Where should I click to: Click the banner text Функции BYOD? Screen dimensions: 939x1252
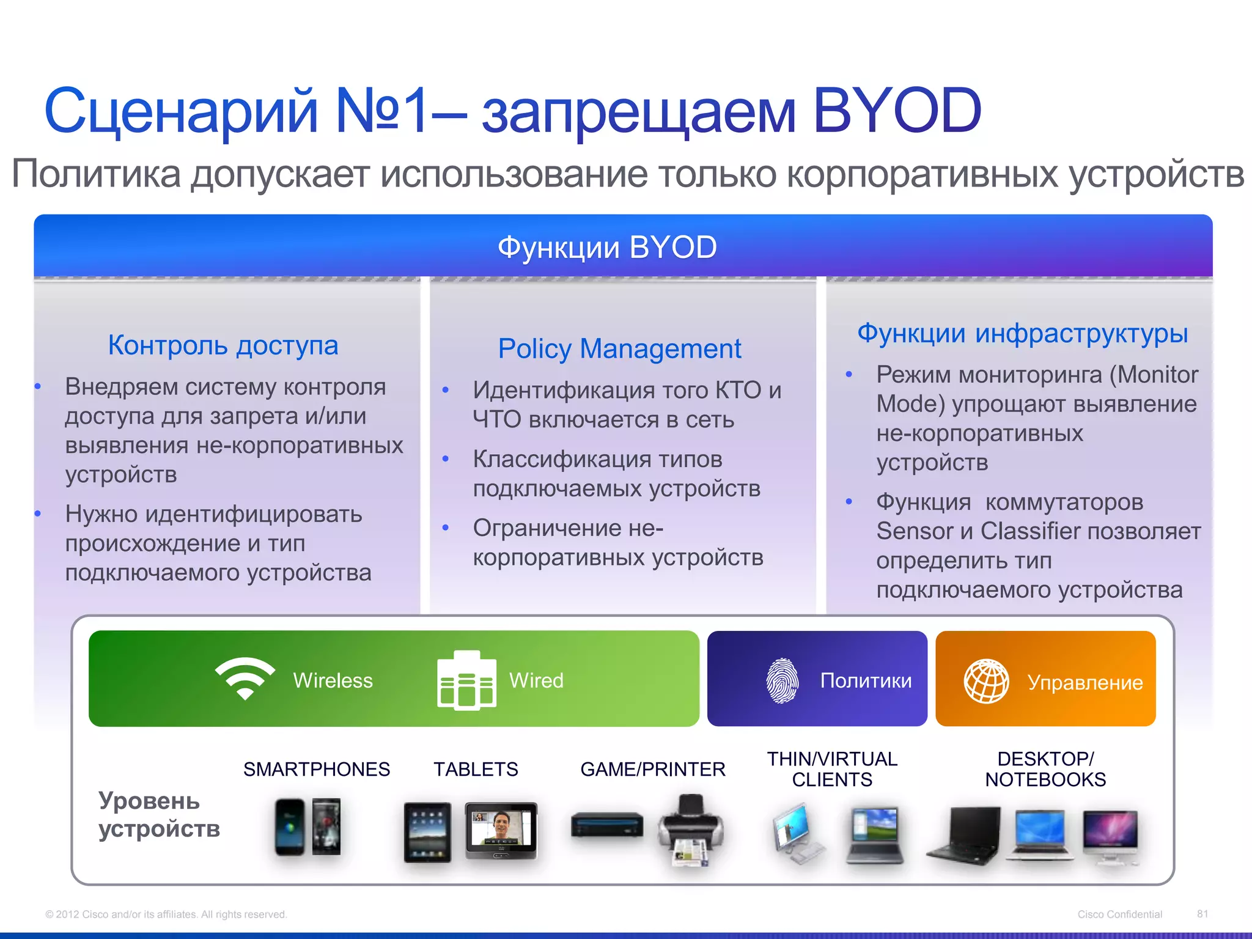click(606, 248)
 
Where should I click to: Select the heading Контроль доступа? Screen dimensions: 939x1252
click(223, 345)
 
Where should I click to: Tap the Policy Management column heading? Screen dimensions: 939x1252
click(619, 349)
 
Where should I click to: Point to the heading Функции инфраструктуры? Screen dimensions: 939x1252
click(1022, 334)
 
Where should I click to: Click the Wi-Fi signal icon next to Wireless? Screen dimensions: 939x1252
click(245, 678)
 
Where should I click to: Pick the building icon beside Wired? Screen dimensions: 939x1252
click(466, 680)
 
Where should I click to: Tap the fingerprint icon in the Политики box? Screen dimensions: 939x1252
click(782, 680)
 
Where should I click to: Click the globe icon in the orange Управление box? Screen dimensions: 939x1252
click(986, 681)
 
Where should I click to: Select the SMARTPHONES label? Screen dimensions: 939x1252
click(316, 769)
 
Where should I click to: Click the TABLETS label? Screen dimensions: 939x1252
click(476, 769)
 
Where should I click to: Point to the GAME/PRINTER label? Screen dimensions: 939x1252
click(652, 769)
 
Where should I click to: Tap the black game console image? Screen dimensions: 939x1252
click(606, 825)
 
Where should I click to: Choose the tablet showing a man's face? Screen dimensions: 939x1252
click(501, 830)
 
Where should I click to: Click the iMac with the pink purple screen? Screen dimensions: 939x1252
click(1110, 834)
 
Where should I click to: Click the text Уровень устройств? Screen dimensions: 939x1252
click(158, 815)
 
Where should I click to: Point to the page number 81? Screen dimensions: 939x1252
click(1202, 914)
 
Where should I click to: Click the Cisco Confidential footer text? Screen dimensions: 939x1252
click(1119, 915)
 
